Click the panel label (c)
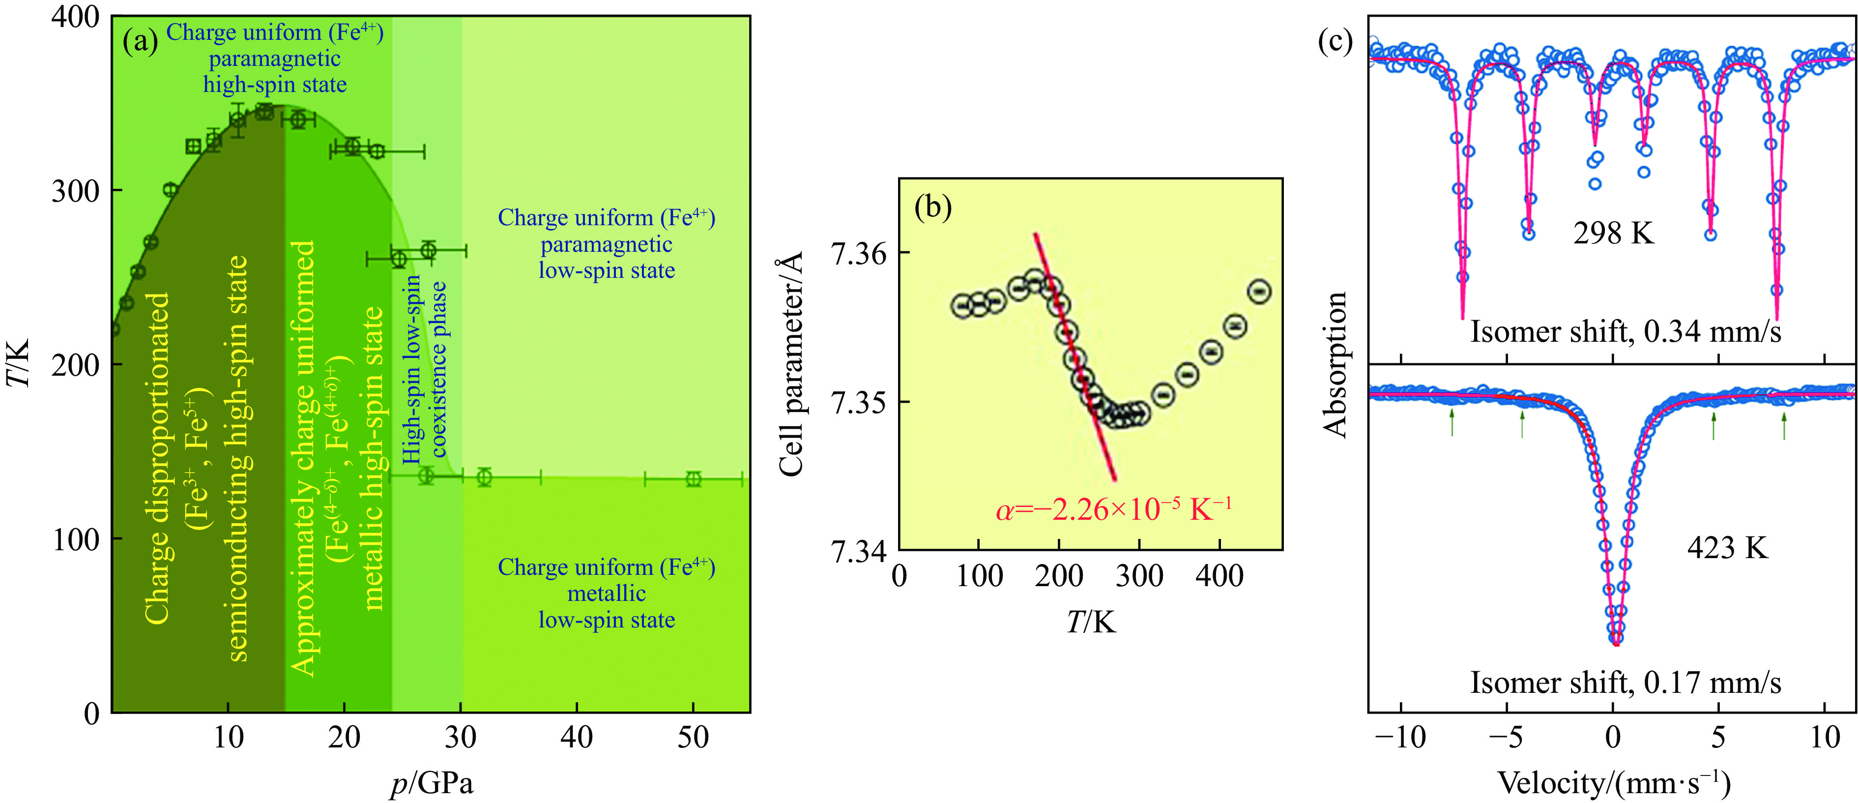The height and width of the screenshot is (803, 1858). pos(1335,42)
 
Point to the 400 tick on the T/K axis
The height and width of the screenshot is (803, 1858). pos(75,17)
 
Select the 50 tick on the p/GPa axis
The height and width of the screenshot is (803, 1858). pos(693,737)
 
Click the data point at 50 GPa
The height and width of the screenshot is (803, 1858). pos(693,479)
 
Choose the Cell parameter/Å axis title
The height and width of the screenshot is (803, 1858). pos(791,364)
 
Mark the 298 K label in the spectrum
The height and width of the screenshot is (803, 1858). pos(1614,233)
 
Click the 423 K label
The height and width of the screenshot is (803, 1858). pos(1727,548)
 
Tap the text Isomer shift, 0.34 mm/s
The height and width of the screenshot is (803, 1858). pos(1625,332)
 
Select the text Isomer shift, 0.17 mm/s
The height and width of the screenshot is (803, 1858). pos(1625,683)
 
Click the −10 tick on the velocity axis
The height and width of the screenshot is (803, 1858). pos(1399,737)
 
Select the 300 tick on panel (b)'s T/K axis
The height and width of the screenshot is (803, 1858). pos(1139,576)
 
